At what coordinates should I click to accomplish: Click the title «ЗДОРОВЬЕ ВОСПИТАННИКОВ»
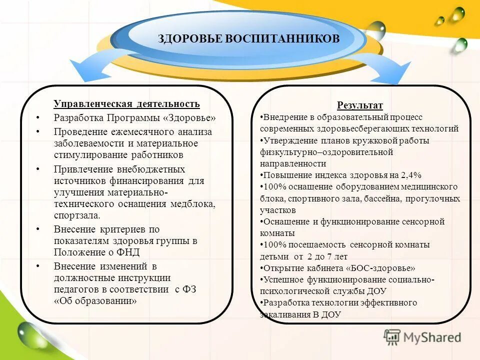248,38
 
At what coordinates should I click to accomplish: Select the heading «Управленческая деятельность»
126,104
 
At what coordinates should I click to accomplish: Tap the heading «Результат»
359,105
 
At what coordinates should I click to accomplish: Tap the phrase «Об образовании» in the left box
95,301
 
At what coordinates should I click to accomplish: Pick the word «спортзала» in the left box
76,216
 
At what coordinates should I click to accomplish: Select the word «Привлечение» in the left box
81,169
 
